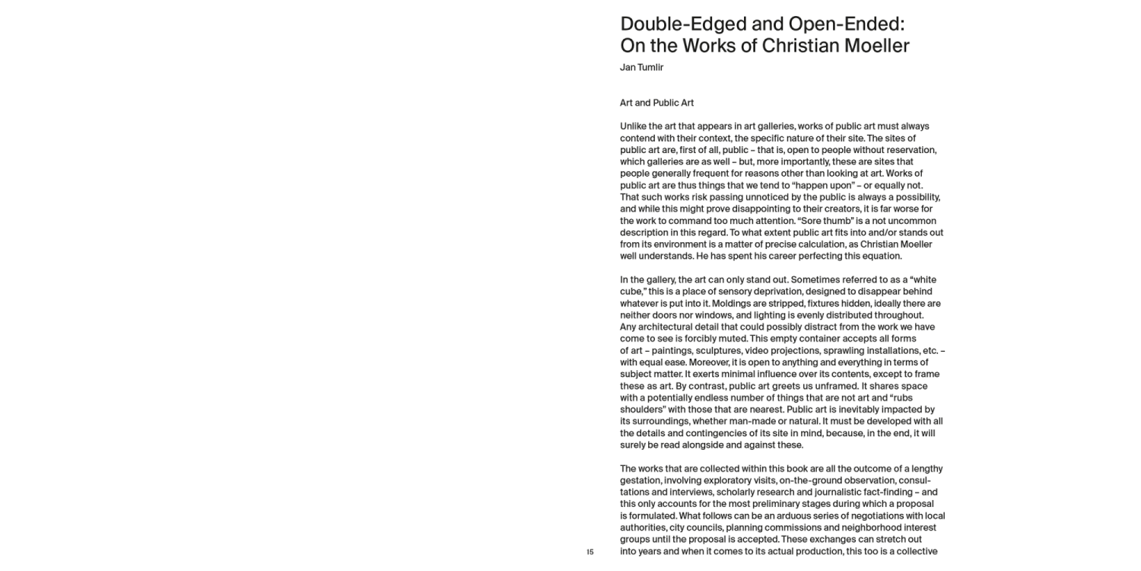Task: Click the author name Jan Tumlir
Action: coord(641,68)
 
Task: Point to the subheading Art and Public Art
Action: coord(656,103)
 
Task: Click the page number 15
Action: coord(590,552)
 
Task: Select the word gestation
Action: coord(640,480)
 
